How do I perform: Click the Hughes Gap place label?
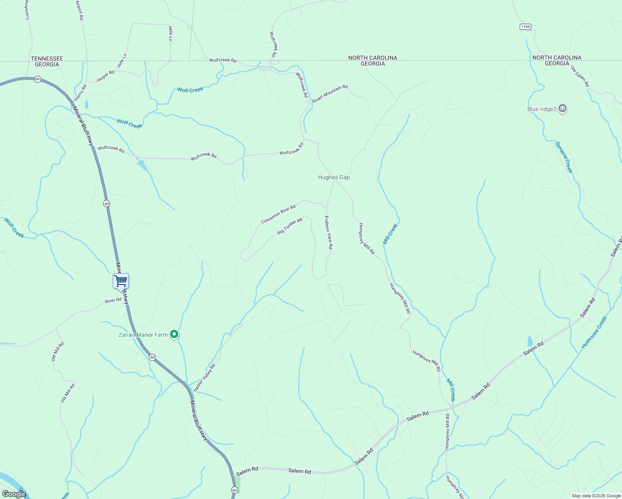pyautogui.click(x=333, y=177)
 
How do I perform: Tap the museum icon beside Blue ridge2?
pyautogui.click(x=563, y=109)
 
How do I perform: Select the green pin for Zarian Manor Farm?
pyautogui.click(x=175, y=334)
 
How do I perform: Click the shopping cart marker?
pyautogui.click(x=121, y=281)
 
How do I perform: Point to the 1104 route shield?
pyautogui.click(x=525, y=27)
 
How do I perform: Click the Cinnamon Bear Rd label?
pyautogui.click(x=278, y=214)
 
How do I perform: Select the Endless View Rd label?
pyautogui.click(x=328, y=232)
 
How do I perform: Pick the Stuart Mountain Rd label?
pyautogui.click(x=329, y=94)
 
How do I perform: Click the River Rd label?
pyautogui.click(x=113, y=300)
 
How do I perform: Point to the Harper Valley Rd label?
pyautogui.click(x=204, y=378)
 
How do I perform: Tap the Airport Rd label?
pyautogui.click(x=80, y=10)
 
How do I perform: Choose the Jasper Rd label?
pyautogui.click(x=105, y=76)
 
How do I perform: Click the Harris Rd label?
pyautogui.click(x=81, y=93)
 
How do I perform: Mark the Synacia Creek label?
pyautogui.click(x=564, y=157)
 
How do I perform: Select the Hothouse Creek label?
pyautogui.click(x=594, y=332)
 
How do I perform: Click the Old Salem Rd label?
pyautogui.click(x=580, y=77)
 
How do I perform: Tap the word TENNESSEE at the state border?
pyautogui.click(x=47, y=59)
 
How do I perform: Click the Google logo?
pyautogui.click(x=14, y=494)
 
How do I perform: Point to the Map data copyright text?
pyautogui.click(x=596, y=496)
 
